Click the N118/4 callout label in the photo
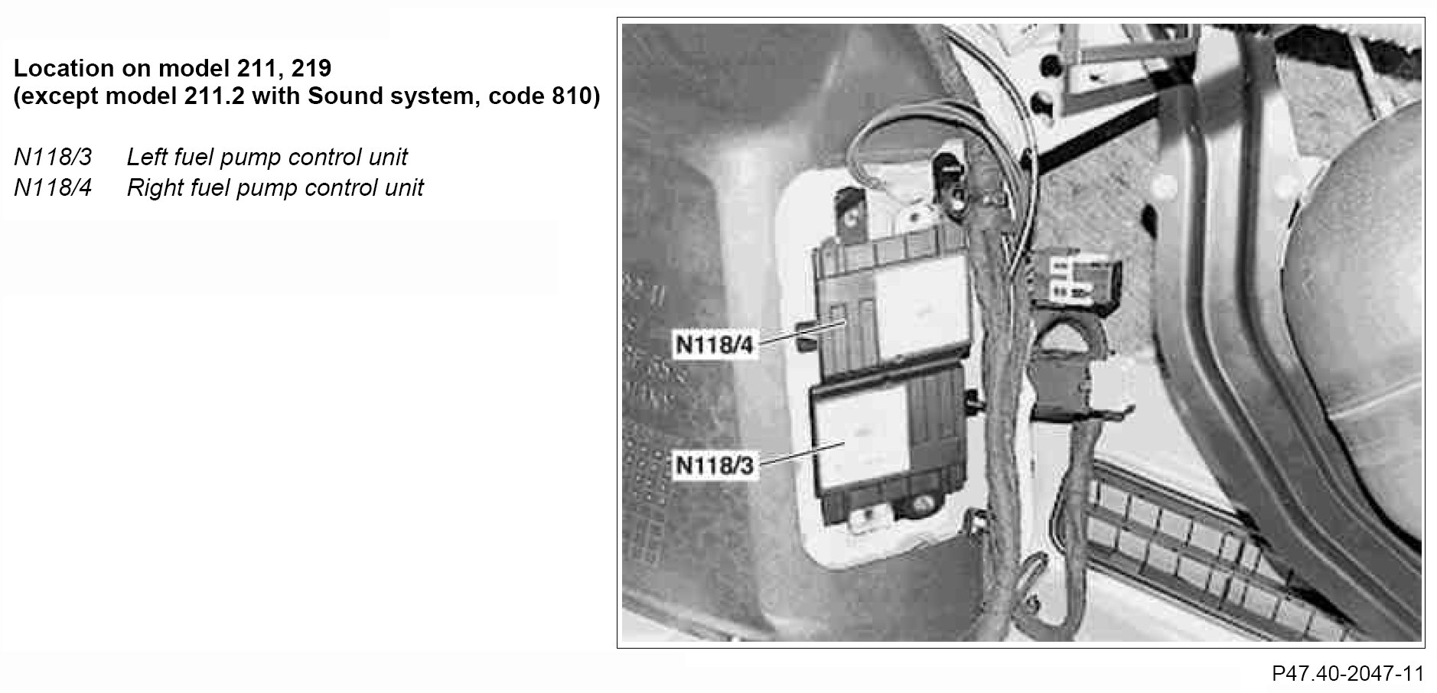(714, 344)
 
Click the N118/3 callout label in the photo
(713, 465)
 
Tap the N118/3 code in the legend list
(53, 158)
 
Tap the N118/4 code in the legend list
(53, 188)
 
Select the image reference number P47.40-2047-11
(1347, 674)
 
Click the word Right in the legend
(153, 188)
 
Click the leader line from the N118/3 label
(800, 452)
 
